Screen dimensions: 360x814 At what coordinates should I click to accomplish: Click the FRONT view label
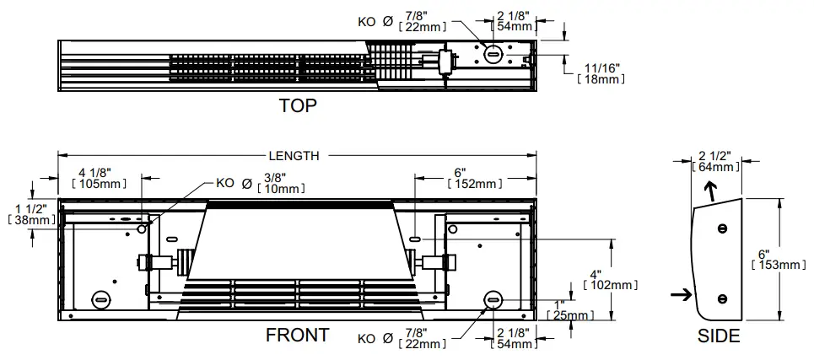pos(297,335)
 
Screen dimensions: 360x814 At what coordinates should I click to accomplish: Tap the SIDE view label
pos(719,336)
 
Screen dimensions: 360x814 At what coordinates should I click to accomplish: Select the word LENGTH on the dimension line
pos(294,156)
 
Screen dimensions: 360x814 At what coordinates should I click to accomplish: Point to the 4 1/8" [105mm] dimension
pos(100,177)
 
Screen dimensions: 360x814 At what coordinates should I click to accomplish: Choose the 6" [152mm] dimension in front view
pos(476,177)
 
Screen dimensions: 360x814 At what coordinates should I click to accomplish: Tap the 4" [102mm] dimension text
pos(601,279)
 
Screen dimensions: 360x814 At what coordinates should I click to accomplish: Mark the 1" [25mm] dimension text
pos(569,309)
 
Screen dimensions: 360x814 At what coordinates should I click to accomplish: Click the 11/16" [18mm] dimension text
pos(601,73)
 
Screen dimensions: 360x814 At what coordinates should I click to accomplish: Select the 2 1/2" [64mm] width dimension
pos(715,160)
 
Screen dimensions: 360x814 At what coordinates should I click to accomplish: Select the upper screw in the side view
pos(721,228)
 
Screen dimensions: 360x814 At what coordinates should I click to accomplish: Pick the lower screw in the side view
pos(721,298)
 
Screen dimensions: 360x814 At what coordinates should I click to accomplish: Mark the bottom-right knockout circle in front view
pos(492,299)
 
